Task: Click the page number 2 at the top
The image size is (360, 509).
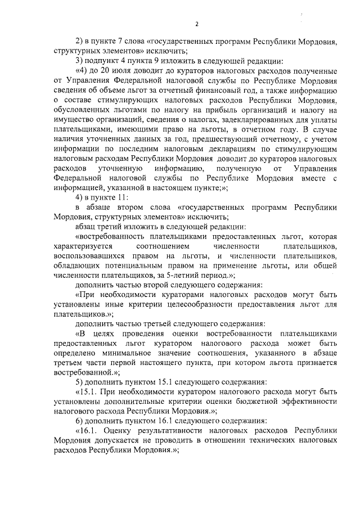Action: tap(197, 23)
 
